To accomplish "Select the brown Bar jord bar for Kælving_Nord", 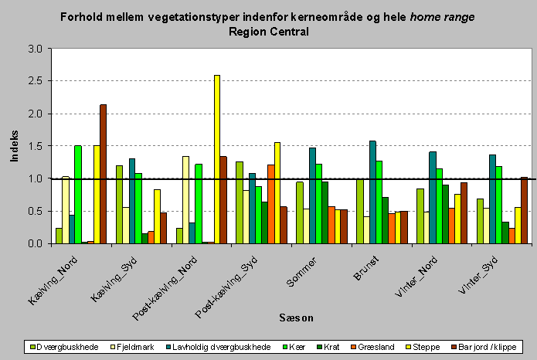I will tap(104, 174).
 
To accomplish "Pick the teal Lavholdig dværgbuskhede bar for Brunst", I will tap(372, 192).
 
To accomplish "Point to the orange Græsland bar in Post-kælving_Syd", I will tap(270, 204).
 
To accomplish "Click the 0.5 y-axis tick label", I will tap(35, 212).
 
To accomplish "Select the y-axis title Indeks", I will tap(14, 146).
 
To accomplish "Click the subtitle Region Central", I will tap(268, 32).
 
